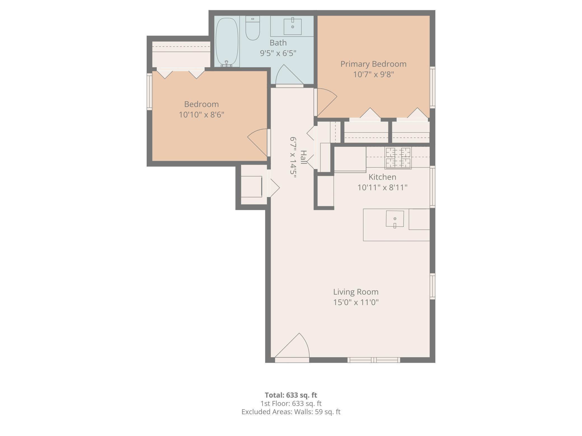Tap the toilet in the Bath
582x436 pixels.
click(x=253, y=28)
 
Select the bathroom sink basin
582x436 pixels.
click(x=293, y=27)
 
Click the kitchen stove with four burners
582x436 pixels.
click(x=398, y=158)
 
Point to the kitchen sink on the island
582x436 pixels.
click(x=395, y=219)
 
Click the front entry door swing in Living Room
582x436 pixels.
click(x=292, y=345)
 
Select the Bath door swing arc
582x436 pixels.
click(x=289, y=74)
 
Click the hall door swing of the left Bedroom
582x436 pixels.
click(x=258, y=142)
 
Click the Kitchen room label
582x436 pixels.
click(x=382, y=177)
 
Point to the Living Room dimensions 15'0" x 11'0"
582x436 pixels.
click(x=356, y=302)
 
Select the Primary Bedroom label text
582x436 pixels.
click(x=373, y=64)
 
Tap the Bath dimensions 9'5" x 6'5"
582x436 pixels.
click(x=278, y=53)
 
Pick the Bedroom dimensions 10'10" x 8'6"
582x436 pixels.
click(x=201, y=115)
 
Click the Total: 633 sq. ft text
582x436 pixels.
click(x=291, y=395)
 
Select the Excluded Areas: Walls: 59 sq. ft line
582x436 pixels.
click(x=291, y=412)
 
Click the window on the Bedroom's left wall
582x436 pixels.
click(x=150, y=91)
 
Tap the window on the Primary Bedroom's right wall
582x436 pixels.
click(x=433, y=87)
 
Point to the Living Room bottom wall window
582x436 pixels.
click(x=374, y=360)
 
